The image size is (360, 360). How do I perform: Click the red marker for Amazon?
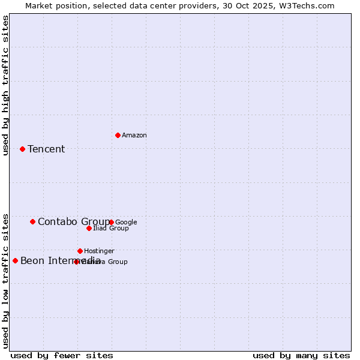tap(118, 135)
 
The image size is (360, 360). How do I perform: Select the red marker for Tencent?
tap(22, 149)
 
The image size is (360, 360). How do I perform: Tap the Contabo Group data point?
tap(32, 221)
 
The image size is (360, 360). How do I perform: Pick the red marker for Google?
tap(112, 222)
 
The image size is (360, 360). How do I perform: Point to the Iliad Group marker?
tap(89, 228)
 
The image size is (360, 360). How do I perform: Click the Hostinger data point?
tap(80, 251)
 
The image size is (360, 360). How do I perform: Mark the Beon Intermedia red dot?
tap(15, 260)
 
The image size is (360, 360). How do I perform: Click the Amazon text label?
tap(134, 136)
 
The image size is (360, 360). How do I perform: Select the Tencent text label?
tap(46, 149)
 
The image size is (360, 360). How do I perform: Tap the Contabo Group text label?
tap(73, 222)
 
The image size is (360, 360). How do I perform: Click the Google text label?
tap(127, 223)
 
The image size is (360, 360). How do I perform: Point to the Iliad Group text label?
tap(111, 229)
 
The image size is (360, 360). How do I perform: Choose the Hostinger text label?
tap(99, 251)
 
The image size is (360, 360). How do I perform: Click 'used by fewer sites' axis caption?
tap(62, 356)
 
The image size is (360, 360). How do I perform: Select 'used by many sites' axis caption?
tap(301, 356)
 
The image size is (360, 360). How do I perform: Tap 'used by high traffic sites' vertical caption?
tap(6, 85)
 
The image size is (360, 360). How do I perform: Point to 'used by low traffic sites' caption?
tap(6, 281)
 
